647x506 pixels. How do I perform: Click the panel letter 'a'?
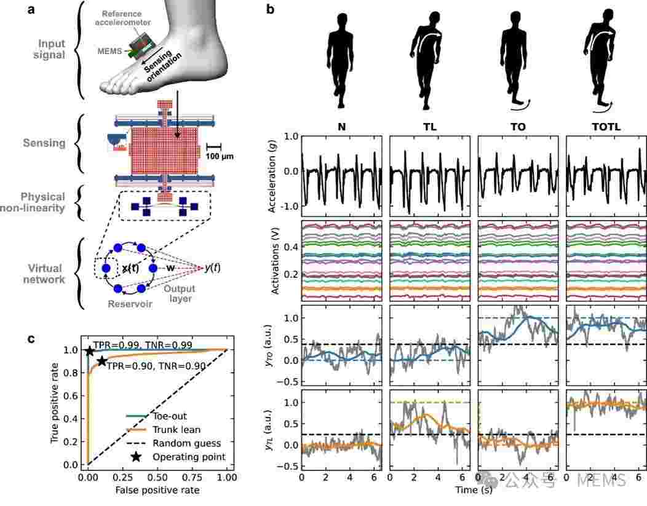point(31,9)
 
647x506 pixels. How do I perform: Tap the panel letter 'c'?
point(31,339)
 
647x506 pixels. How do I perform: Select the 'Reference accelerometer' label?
point(122,18)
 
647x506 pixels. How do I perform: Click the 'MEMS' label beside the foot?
point(109,51)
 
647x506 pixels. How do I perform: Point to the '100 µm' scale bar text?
point(220,156)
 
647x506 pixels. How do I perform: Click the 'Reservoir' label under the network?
point(130,304)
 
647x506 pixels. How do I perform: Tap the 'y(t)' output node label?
point(213,268)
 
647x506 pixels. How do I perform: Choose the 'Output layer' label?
point(180,293)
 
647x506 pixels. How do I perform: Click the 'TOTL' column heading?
point(606,127)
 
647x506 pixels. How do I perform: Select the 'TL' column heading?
point(429,127)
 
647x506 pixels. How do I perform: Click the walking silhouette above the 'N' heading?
point(341,61)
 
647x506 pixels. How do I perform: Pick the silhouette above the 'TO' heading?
point(515,61)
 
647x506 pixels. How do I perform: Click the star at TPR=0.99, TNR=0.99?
point(89,351)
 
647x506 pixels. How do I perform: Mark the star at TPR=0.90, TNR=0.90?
point(101,362)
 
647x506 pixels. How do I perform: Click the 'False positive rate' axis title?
point(157,491)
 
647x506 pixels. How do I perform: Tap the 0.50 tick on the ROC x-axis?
point(157,478)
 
